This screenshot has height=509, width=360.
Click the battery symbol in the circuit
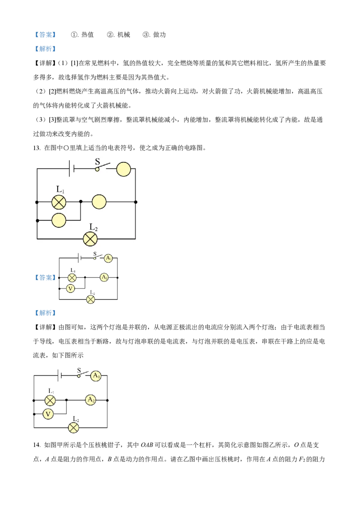coord(71,169)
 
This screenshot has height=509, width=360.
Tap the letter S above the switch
coord(97,162)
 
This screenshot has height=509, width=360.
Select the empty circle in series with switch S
coord(123,170)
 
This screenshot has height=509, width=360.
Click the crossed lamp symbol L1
coord(59,202)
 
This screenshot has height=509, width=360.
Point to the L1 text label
coord(60,190)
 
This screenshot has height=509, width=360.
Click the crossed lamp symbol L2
coord(90,239)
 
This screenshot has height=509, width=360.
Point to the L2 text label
coord(94,227)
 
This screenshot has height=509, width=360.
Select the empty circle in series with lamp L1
coord(99,202)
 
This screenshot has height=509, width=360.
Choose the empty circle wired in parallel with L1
coord(59,220)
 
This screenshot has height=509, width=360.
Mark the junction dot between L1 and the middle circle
coord(81,202)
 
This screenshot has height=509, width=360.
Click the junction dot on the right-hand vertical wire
coord(136,202)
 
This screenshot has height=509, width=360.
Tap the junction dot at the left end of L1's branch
coord(37,202)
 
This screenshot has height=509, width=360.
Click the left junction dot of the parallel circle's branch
coord(37,220)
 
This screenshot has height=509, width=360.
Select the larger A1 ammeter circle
coord(95,376)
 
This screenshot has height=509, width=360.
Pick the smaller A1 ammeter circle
coord(108,259)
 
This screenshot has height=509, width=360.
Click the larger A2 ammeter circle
coord(90,400)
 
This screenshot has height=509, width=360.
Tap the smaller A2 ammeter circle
coord(104,278)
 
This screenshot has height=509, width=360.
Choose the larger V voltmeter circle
coord(48,414)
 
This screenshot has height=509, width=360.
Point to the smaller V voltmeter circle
coord(70,289)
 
